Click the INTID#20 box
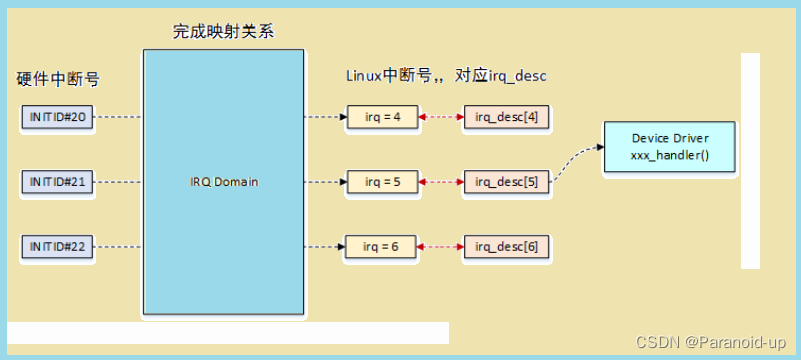pos(57,118)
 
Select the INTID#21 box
pos(57,182)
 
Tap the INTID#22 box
pos(57,246)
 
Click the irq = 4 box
pos(383,118)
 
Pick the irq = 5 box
pos(383,182)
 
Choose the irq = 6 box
pos(383,246)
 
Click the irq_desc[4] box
pos(506,118)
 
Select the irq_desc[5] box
pos(506,182)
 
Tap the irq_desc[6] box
pos(506,246)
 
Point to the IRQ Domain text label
pos(223,182)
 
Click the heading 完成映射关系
pos(223,31)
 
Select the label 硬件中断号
pos(58,78)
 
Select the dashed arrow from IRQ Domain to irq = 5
pos(325,182)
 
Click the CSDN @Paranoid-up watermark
pos(716,342)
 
